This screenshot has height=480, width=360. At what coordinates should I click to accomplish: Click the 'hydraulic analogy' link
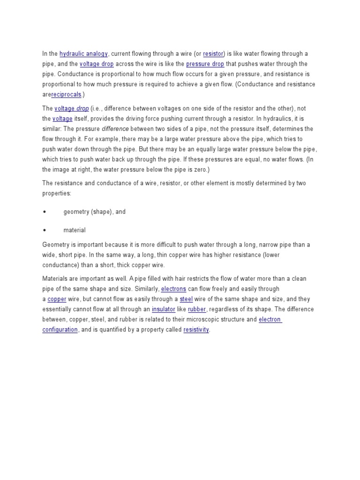pos(84,54)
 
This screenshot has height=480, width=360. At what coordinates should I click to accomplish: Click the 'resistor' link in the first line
pos(213,54)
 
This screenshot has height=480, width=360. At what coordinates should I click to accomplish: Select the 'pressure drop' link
pos(205,64)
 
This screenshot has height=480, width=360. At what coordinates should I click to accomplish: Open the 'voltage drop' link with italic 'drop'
pos(72,109)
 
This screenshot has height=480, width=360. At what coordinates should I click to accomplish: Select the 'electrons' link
pos(173,289)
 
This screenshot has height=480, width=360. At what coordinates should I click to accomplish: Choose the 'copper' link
pos(57,300)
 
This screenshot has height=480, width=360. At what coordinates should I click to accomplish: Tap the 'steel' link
pos(187,300)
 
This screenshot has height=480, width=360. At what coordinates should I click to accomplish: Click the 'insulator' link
pos(164,310)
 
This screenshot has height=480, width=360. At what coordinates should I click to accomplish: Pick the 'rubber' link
pos(197,310)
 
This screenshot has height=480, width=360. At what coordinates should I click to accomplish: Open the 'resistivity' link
pos(196,330)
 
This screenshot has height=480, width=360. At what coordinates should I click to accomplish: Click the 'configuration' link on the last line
pos(60,330)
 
